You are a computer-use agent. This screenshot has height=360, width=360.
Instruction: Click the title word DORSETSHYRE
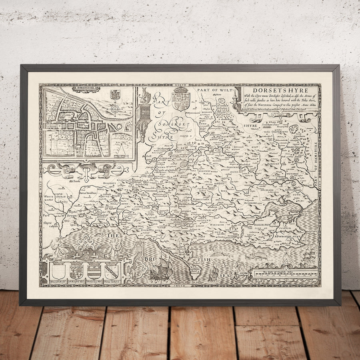280,90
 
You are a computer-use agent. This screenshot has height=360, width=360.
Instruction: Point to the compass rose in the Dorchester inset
115,108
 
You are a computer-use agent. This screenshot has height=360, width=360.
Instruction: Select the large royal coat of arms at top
181,98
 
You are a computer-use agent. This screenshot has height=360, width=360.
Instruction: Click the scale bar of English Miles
286,274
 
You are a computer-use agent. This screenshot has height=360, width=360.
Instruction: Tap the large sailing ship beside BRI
161,267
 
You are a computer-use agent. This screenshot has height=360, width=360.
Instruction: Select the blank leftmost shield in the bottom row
58,271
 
